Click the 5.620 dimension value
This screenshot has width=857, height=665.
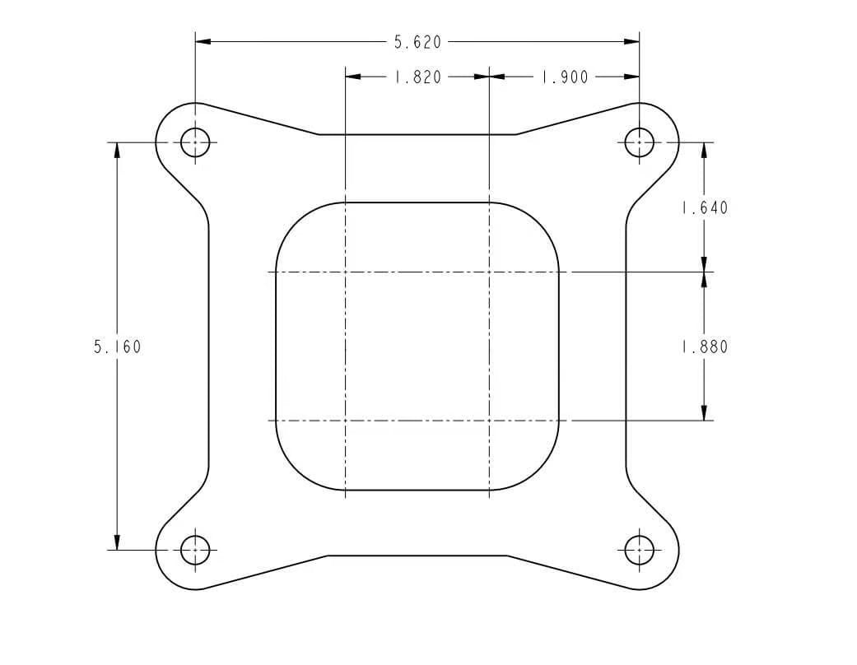(x=418, y=41)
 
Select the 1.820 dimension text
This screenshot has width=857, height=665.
(x=417, y=77)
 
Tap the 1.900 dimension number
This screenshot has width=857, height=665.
(x=564, y=77)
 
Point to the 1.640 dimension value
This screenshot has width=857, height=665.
(x=705, y=207)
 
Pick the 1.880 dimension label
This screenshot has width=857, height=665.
(x=705, y=346)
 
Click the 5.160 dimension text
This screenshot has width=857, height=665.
(x=117, y=346)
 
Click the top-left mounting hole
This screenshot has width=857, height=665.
(x=195, y=142)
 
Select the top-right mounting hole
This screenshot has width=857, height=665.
(x=640, y=142)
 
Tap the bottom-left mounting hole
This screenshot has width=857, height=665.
(x=195, y=549)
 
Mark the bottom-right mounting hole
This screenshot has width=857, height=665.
(x=640, y=549)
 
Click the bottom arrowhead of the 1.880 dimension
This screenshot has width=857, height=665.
(x=704, y=413)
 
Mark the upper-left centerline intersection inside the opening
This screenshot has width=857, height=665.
(x=345, y=272)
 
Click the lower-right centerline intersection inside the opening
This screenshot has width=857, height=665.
(x=490, y=421)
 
